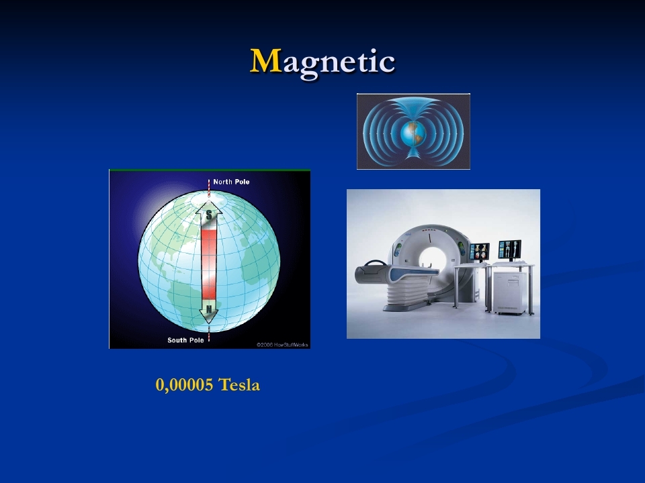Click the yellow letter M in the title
pos(266,61)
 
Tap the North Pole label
pos(231,182)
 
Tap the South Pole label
pos(185,340)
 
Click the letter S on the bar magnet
pos(209,215)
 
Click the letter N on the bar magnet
pos(209,309)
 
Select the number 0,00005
pos(184,385)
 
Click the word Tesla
pos(239,385)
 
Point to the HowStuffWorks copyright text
pos(282,345)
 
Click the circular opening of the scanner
pos(432,259)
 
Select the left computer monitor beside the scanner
pos(480,252)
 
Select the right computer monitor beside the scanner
pos(510,250)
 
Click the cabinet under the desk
pos(510,292)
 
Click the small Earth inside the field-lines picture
pos(413,133)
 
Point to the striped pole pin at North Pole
pos(209,188)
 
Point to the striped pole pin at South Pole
pos(209,333)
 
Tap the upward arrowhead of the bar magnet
pos(209,207)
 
